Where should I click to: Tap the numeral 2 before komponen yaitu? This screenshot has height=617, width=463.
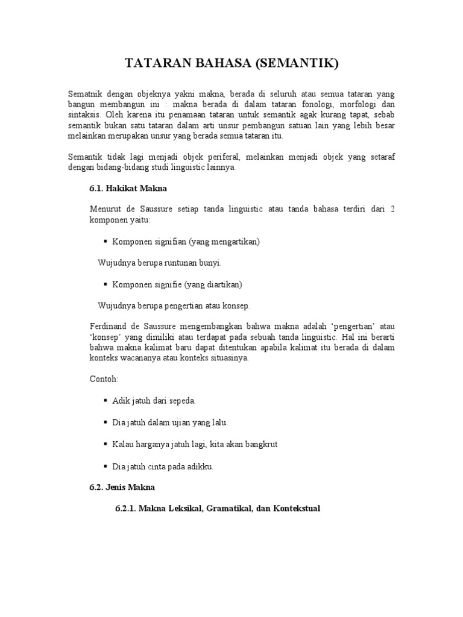(392, 210)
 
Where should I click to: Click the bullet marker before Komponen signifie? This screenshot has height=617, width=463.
(106, 284)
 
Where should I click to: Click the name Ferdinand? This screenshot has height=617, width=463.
(110, 326)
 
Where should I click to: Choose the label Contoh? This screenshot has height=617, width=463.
(104, 380)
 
